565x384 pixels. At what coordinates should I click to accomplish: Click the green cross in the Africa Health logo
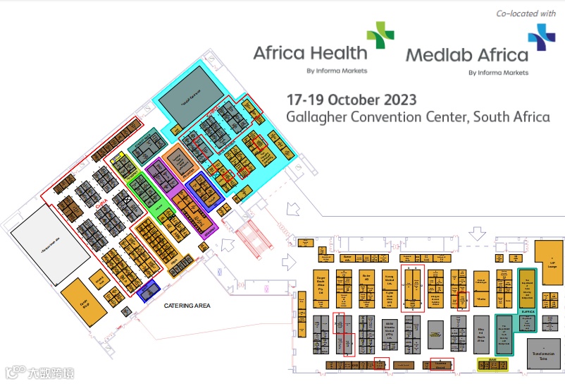click(380, 35)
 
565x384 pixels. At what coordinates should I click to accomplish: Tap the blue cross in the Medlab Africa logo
click(541, 37)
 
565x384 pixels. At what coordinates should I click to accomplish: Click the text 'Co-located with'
click(526, 13)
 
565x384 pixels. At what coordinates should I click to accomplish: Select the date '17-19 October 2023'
click(351, 99)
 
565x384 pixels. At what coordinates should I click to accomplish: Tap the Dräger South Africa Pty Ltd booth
click(321, 285)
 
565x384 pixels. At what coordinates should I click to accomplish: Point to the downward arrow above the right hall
click(478, 234)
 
